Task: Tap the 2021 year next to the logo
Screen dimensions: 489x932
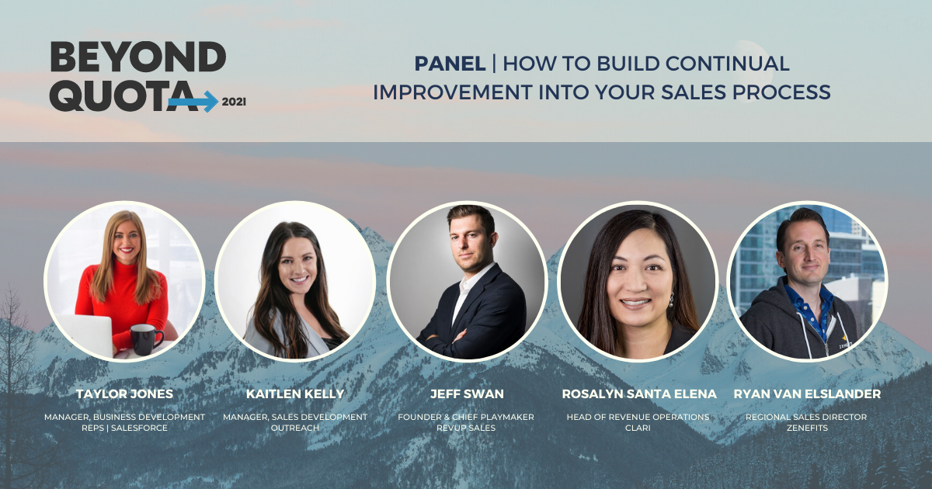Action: [x=234, y=102]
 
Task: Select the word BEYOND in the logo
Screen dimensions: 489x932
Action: [x=138, y=57]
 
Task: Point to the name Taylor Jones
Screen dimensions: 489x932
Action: [x=124, y=394]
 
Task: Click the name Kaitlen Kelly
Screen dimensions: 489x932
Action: [x=295, y=394]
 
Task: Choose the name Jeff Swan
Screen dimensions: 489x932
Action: [x=467, y=394]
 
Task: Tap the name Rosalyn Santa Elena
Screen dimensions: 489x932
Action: [x=638, y=394]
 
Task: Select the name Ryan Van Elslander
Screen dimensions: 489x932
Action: [x=807, y=394]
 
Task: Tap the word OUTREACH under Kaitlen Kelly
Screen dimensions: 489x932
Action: [x=295, y=428]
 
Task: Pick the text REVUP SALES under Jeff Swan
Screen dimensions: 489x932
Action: [x=466, y=428]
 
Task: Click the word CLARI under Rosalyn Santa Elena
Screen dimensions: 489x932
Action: [x=638, y=428]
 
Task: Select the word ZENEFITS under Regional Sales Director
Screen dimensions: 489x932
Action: [x=807, y=428]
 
